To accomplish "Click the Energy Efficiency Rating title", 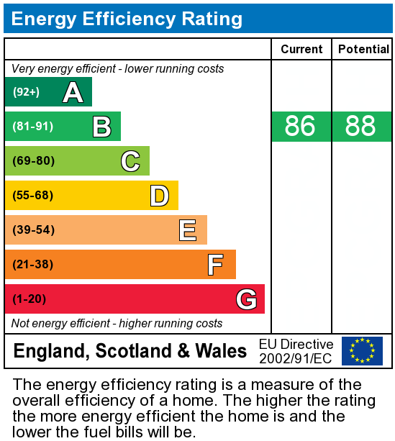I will click(127, 19).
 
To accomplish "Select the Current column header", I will click(301, 49).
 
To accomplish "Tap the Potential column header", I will click(363, 49).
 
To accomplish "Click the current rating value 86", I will click(300, 127).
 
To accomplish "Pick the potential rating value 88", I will click(360, 127).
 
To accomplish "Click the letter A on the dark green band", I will click(73, 92).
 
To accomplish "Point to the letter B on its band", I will click(101, 127).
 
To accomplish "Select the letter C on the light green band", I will click(130, 161).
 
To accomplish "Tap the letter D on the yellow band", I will click(159, 196).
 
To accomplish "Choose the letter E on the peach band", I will click(188, 230).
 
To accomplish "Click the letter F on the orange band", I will click(215, 265).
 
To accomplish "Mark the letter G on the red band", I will click(246, 299).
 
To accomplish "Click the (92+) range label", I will click(26, 92).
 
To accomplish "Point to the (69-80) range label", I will click(33, 161).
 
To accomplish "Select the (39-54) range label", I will click(33, 230).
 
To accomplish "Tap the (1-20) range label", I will click(29, 299).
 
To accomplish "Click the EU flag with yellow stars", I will click(362, 351).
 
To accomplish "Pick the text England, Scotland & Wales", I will click(130, 351).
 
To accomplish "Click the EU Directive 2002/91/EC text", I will click(296, 351).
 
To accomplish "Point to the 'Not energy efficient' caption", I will click(117, 324).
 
